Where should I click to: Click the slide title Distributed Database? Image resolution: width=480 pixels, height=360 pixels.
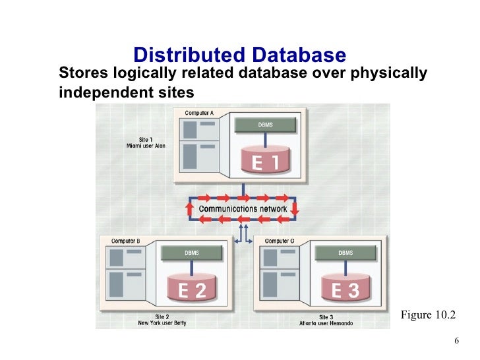(239, 55)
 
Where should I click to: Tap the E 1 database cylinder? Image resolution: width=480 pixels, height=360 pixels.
(266, 160)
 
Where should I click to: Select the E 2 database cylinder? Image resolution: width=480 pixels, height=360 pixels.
(193, 288)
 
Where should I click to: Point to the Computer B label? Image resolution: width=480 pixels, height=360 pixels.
(125, 241)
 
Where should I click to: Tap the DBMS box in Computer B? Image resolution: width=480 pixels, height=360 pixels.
(191, 253)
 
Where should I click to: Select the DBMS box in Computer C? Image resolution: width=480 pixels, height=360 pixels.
(345, 253)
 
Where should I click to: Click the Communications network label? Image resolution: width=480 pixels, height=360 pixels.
(243, 209)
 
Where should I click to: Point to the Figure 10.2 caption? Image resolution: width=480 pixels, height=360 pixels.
(428, 315)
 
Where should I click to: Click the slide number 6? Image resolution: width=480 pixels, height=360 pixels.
(457, 342)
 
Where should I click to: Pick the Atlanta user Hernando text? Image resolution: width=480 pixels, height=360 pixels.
(327, 323)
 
